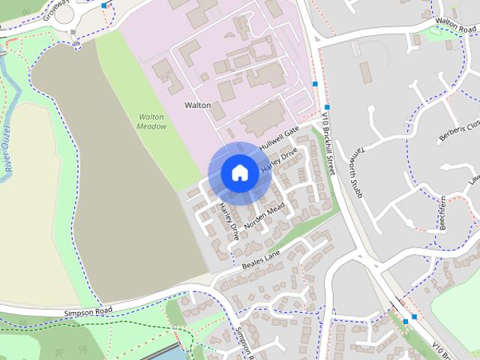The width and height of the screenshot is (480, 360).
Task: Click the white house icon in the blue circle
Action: (239, 172)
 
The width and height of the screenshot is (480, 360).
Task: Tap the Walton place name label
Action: (196, 106)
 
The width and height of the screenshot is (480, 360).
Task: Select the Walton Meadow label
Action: (151, 121)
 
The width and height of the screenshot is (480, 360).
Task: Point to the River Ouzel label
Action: (10, 157)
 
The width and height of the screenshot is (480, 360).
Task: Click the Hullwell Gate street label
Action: (279, 137)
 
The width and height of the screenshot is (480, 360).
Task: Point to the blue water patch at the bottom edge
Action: (166, 354)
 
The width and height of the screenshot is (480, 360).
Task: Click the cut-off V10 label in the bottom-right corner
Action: (466, 350)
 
